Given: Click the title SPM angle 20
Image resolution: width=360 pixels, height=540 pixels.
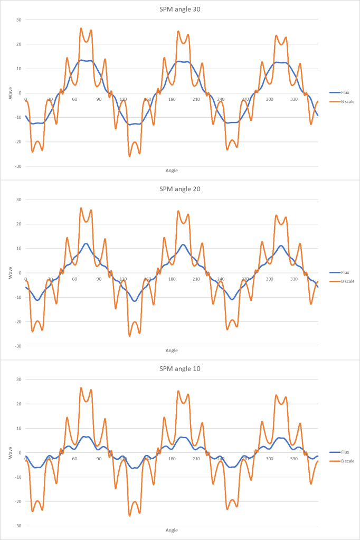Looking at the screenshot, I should (x=179, y=188).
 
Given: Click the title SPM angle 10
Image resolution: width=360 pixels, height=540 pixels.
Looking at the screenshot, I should (x=179, y=368).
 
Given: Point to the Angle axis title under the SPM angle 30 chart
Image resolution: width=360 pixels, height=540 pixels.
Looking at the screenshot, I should (x=172, y=170).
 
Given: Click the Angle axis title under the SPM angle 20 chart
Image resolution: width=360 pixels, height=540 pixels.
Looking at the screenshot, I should (x=172, y=350).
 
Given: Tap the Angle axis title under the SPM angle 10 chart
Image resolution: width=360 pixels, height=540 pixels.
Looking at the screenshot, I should (x=172, y=530).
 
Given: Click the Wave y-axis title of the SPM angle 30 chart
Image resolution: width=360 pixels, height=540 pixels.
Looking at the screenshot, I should (x=10, y=93).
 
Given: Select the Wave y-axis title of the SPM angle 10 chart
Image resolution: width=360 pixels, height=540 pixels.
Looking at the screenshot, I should (x=10, y=452).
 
